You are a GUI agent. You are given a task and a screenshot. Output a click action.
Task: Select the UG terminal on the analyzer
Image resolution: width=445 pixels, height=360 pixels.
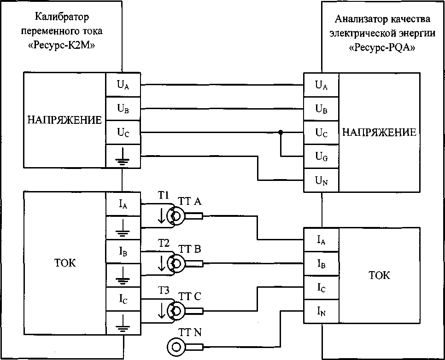point(321,157)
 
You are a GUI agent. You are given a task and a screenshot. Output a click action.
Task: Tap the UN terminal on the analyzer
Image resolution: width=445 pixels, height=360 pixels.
point(321,181)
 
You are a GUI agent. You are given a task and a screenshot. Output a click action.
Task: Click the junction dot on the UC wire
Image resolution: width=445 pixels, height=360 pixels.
point(280,133)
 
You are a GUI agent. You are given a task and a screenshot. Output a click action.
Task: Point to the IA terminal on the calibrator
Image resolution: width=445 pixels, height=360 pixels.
point(123,203)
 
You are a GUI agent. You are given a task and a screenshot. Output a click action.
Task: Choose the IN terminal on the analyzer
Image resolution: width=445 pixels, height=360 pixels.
point(321,312)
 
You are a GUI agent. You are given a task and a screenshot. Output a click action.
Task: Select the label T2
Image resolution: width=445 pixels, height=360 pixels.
point(164,244)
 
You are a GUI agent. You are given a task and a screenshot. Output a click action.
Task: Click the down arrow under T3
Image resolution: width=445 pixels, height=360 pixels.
point(161,311)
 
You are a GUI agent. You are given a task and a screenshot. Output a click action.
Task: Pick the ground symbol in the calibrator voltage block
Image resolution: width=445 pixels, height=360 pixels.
point(123,157)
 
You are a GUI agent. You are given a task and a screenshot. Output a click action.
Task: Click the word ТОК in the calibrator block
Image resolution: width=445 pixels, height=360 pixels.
point(64,263)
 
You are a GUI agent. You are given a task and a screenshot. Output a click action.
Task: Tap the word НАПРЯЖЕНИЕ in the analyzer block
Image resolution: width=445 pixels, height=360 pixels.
point(379,133)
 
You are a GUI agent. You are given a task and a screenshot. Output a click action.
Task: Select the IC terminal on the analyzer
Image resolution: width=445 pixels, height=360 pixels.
point(321,288)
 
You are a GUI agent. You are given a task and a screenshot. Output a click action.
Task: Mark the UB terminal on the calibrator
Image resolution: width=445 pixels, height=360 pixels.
point(123,109)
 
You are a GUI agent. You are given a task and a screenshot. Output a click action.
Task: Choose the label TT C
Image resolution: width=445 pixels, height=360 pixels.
point(190,296)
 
